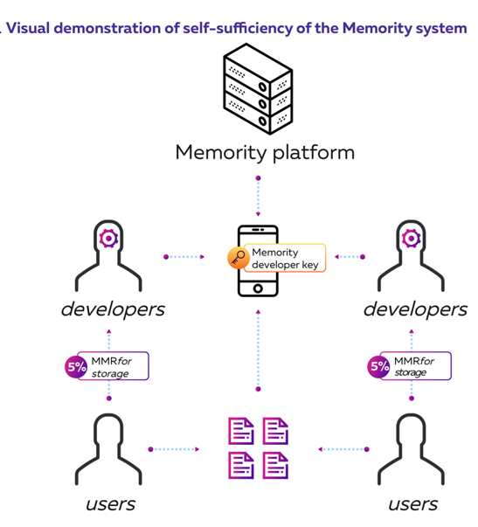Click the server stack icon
click(x=258, y=89)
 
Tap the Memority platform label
click(x=265, y=153)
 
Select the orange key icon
click(x=238, y=258)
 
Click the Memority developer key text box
click(x=285, y=258)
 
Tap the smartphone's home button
click(x=258, y=288)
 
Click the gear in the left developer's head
click(x=108, y=239)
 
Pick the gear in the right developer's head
click(x=411, y=239)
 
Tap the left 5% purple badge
click(x=76, y=366)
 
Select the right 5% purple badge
click(x=379, y=366)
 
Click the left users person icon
click(x=108, y=449)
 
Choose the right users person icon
click(x=411, y=449)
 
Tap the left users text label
click(x=111, y=504)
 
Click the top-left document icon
click(x=241, y=431)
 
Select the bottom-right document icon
click(x=275, y=466)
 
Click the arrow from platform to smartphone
click(x=258, y=197)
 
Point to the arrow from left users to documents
click(x=174, y=449)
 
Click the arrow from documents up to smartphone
click(x=258, y=350)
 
